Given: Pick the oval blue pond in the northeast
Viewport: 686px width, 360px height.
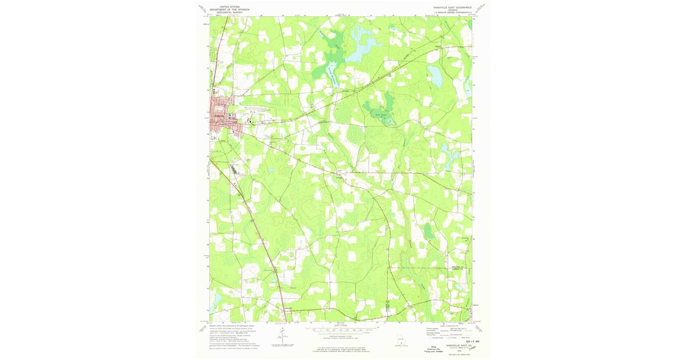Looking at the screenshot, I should point(435,76).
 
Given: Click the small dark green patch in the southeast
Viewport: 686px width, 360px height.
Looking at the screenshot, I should point(428,231).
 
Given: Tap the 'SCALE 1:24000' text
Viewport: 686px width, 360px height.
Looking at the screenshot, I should point(343,325).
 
